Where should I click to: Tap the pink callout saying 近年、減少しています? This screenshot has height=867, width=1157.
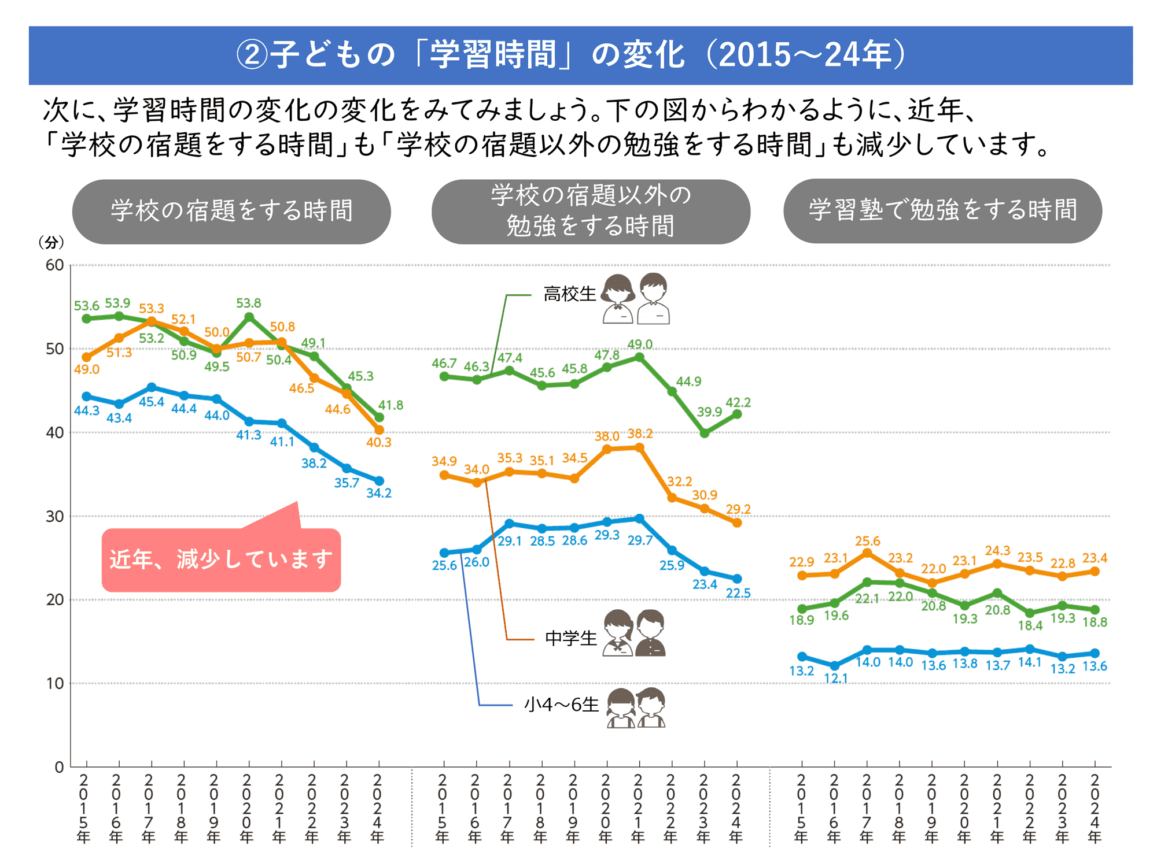(221, 560)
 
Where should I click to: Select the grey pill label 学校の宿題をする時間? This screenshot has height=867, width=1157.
(231, 211)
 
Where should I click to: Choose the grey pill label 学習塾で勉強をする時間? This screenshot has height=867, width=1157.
(942, 210)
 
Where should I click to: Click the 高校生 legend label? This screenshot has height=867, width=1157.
(569, 294)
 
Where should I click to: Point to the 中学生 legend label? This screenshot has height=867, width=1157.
(570, 638)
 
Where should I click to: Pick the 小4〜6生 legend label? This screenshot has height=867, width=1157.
(561, 705)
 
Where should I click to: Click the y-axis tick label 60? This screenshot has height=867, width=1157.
(55, 265)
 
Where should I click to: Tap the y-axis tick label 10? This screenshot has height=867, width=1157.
(55, 684)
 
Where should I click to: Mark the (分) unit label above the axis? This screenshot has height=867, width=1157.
(51, 243)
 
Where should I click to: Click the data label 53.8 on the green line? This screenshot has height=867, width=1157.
(248, 303)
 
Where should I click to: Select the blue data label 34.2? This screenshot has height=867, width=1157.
(379, 493)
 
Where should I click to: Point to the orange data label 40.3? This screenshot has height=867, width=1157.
(379, 443)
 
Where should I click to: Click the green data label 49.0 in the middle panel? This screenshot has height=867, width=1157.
(640, 344)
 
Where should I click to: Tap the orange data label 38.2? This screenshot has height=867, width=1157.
(640, 434)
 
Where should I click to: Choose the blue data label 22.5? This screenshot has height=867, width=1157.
(738, 594)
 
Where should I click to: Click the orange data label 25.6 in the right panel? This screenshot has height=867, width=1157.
(867, 542)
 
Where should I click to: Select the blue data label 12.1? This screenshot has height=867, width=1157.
(835, 679)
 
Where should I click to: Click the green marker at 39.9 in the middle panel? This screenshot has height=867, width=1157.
(705, 433)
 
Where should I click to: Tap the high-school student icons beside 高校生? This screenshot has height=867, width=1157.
(636, 298)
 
